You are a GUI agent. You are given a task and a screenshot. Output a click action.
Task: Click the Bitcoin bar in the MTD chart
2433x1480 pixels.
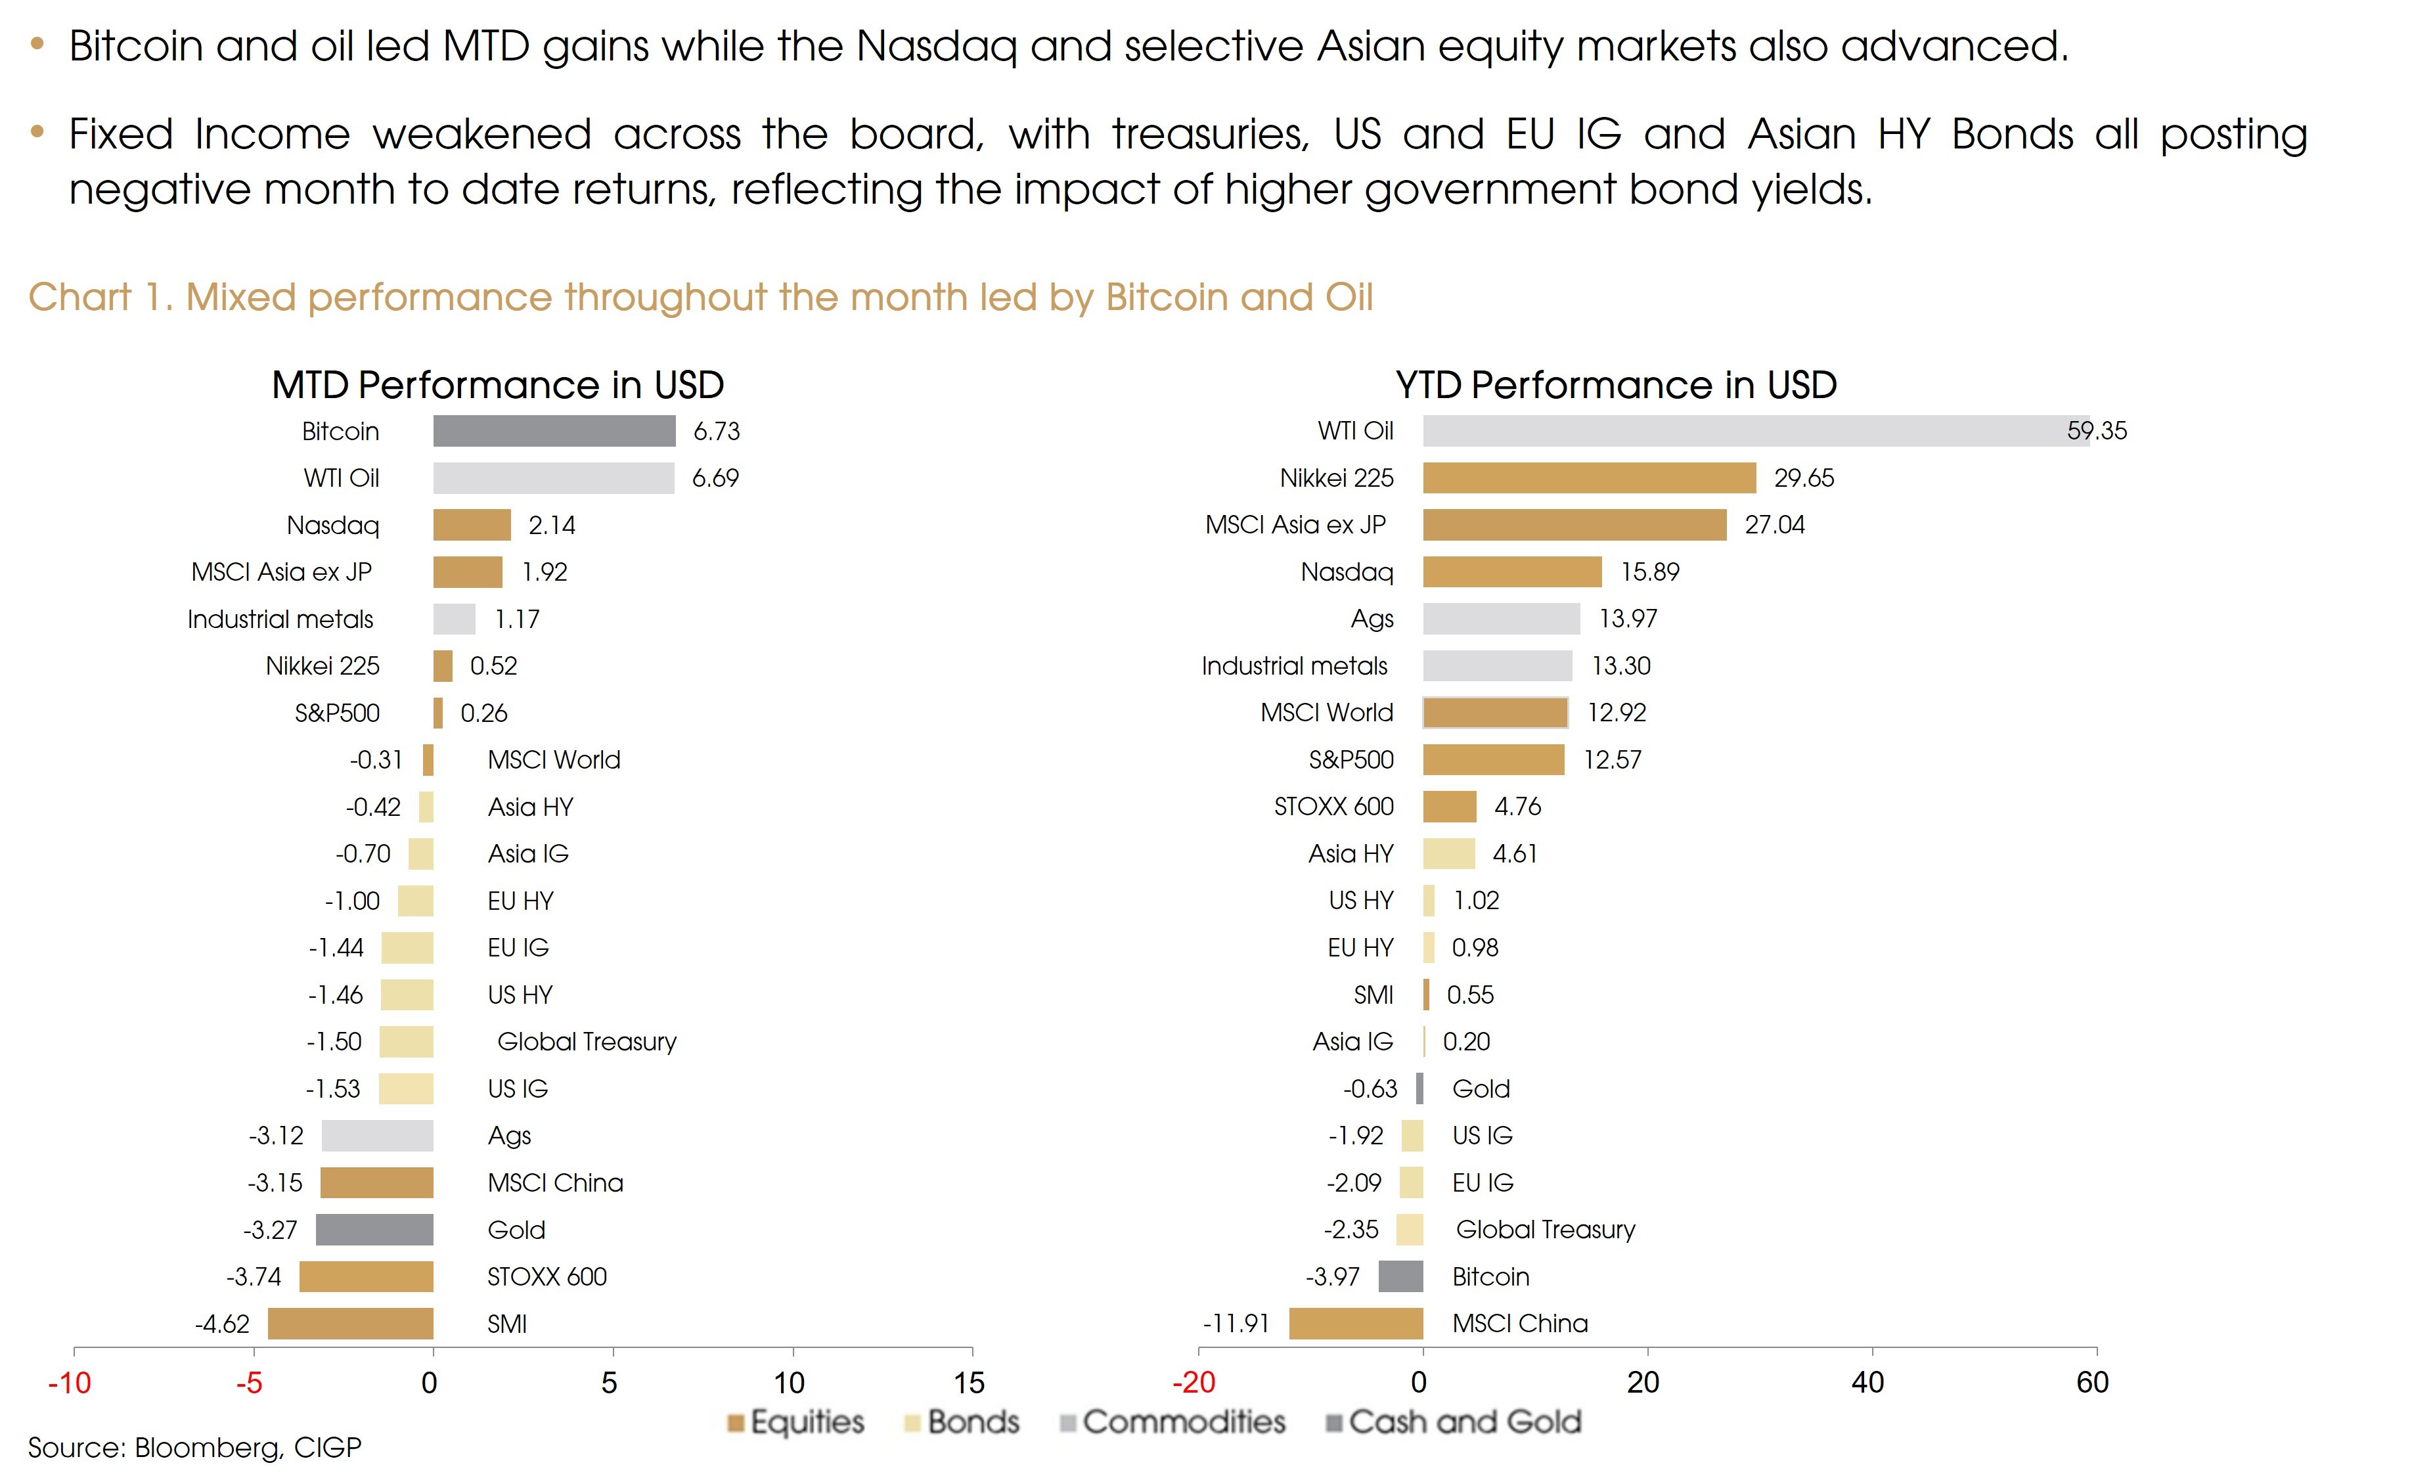pyautogui.click(x=554, y=430)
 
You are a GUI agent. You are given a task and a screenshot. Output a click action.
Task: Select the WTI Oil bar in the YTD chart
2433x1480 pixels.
pyautogui.click(x=1756, y=430)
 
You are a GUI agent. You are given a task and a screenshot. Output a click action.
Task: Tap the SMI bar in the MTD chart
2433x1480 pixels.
pyautogui.click(x=351, y=1323)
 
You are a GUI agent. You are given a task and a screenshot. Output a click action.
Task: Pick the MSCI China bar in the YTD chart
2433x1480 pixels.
pyautogui.click(x=1356, y=1323)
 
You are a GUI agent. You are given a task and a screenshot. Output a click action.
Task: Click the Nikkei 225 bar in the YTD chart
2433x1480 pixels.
pyautogui.click(x=1590, y=478)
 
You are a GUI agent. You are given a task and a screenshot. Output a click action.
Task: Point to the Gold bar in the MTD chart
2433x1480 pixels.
pyautogui.click(x=374, y=1229)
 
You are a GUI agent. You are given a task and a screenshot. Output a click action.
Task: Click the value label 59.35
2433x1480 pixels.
pyautogui.click(x=2097, y=430)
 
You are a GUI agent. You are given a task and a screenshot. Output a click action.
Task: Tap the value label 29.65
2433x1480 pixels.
pyautogui.click(x=1804, y=478)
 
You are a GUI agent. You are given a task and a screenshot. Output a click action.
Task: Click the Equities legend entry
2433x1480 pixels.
pyautogui.click(x=796, y=1422)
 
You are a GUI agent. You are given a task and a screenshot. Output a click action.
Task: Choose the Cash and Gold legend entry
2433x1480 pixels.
pyautogui.click(x=1454, y=1422)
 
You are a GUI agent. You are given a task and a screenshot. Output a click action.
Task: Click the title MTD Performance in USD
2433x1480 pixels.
pyautogui.click(x=498, y=385)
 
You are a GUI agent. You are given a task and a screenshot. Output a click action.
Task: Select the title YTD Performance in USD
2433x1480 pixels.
pyautogui.click(x=1617, y=385)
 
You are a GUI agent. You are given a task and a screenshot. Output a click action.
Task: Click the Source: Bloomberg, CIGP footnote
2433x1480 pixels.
pyautogui.click(x=194, y=1447)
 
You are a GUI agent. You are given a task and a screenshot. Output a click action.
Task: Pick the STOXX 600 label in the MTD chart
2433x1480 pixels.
pyautogui.click(x=547, y=1276)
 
